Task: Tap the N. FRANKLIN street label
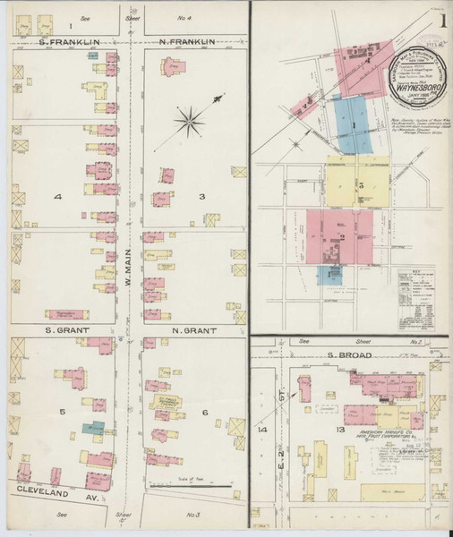[189, 41]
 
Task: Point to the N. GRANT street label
[194, 330]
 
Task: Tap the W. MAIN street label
[128, 266]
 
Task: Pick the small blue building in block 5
[91, 429]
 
